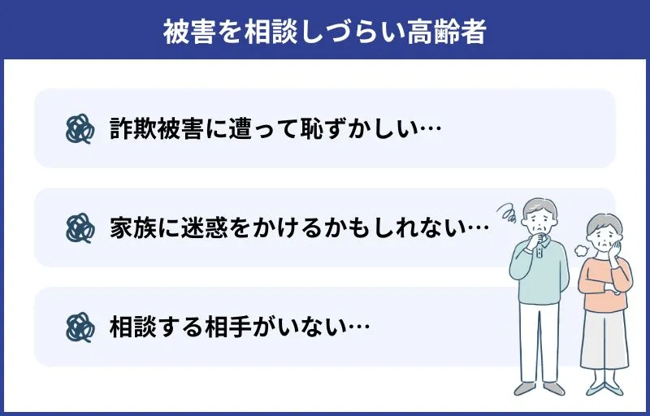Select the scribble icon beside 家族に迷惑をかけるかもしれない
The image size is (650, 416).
point(79,227)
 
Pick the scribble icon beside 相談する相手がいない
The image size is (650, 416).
point(79,327)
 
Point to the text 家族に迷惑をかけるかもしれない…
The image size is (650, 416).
point(299,227)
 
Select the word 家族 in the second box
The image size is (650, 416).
point(128,227)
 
